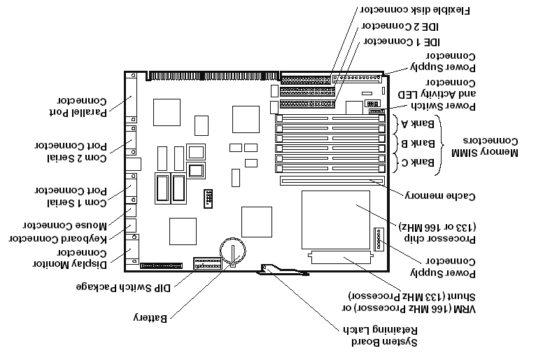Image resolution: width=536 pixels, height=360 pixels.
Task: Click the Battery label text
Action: [150, 318]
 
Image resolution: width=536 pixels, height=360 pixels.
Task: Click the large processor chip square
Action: [336, 220]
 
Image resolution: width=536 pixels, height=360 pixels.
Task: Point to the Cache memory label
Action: [440, 196]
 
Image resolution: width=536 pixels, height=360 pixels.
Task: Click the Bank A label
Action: [418, 123]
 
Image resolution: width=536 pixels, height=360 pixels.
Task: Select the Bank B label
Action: [418, 143]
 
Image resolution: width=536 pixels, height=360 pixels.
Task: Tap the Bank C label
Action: [418, 162]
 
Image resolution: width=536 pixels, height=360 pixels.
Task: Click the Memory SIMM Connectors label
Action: [485, 146]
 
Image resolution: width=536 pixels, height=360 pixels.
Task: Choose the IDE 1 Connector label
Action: [402, 42]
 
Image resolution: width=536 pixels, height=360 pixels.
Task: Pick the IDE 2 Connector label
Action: [401, 27]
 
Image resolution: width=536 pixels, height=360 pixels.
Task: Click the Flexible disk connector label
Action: [415, 11]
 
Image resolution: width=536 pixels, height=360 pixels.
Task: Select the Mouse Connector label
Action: [65, 225]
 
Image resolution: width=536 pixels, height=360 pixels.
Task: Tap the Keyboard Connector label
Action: [58, 239]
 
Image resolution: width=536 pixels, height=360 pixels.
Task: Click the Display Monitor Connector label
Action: [70, 258]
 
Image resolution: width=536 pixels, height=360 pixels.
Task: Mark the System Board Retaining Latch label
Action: [381, 336]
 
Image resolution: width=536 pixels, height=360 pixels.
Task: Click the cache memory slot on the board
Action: [332, 180]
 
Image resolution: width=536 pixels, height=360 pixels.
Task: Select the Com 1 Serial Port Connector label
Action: [71, 196]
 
